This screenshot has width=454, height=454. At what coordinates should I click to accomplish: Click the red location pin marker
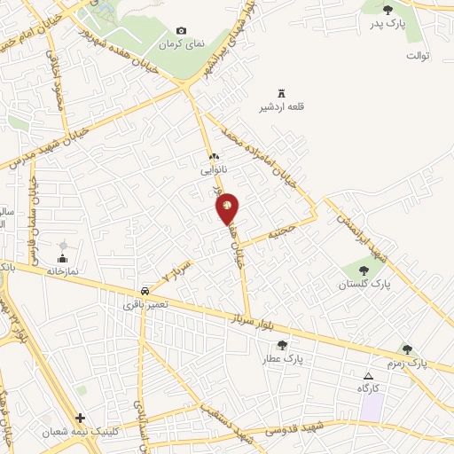click(228, 207)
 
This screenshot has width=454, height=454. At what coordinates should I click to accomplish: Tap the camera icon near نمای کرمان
click(182, 31)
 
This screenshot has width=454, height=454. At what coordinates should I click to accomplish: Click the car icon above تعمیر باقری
click(145, 290)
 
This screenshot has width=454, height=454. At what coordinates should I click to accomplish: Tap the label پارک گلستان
click(364, 285)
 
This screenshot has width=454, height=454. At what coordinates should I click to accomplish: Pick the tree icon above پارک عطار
click(282, 345)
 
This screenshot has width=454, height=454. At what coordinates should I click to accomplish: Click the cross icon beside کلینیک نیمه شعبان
click(81, 417)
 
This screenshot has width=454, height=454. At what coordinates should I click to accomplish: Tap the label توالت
click(418, 56)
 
